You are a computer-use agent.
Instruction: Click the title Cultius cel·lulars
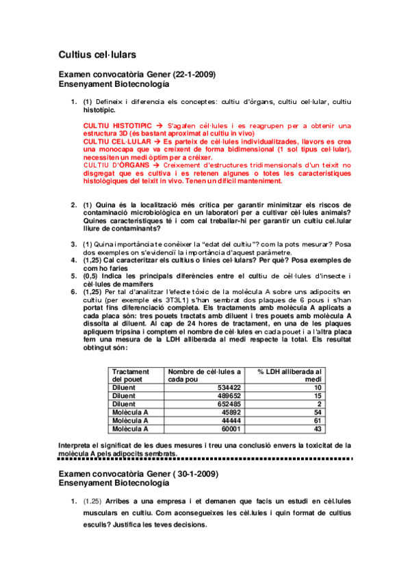click(x=97, y=53)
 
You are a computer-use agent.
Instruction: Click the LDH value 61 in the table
click(x=318, y=420)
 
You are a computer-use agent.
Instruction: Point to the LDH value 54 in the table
click(x=318, y=412)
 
